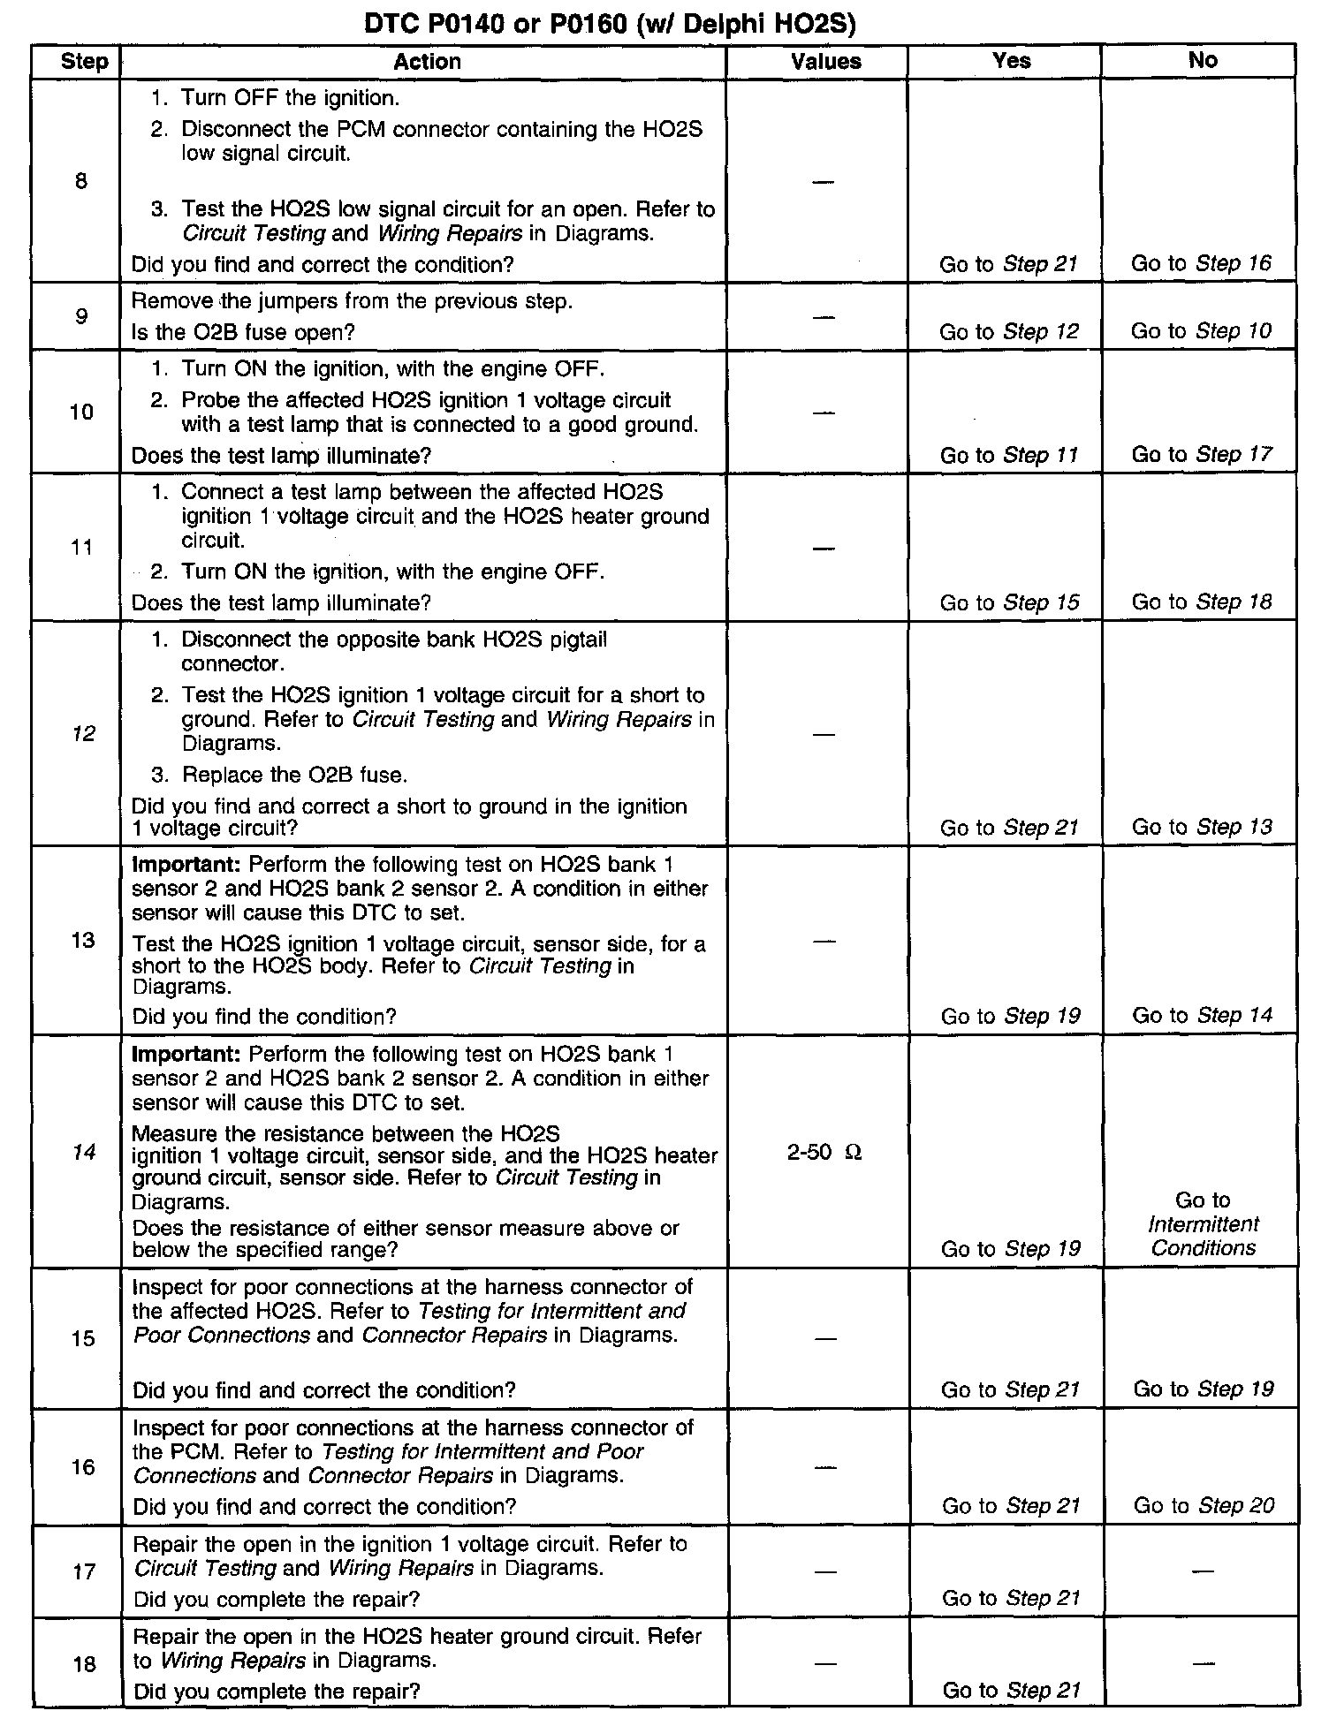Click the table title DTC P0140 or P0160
click(610, 26)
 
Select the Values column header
click(825, 61)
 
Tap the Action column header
click(427, 61)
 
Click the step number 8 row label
click(81, 182)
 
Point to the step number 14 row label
click(83, 1152)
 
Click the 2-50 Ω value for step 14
click(824, 1152)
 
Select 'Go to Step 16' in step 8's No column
click(1201, 263)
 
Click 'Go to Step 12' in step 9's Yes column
click(1008, 331)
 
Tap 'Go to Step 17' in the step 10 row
click(1201, 454)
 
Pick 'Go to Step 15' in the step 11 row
click(1009, 602)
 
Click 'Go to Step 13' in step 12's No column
click(1202, 827)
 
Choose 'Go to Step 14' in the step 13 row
click(1202, 1015)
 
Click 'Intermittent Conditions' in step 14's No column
click(1203, 1236)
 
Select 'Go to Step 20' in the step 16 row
click(1204, 1505)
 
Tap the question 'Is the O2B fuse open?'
click(242, 332)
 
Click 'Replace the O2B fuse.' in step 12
click(294, 775)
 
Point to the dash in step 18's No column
click(1203, 1663)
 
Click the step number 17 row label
click(83, 1571)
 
